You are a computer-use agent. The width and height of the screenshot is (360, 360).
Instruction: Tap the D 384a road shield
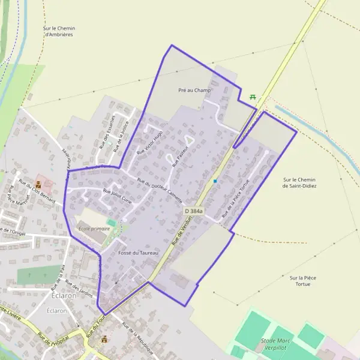point(194,211)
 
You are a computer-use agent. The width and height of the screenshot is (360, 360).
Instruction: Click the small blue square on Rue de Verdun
point(215,181)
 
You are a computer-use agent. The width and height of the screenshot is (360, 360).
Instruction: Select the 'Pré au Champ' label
point(196,91)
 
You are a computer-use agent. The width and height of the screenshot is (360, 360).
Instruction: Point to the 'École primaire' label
point(94,229)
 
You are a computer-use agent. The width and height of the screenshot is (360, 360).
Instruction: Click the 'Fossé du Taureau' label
point(138,253)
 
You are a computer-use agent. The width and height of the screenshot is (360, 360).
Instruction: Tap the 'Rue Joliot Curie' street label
point(118,197)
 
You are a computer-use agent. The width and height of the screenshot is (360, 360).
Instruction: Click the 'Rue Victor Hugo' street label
point(149,143)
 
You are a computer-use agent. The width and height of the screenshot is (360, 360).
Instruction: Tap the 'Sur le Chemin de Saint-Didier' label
point(299,182)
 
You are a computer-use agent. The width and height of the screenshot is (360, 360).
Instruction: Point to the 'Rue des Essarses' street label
point(107,131)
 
